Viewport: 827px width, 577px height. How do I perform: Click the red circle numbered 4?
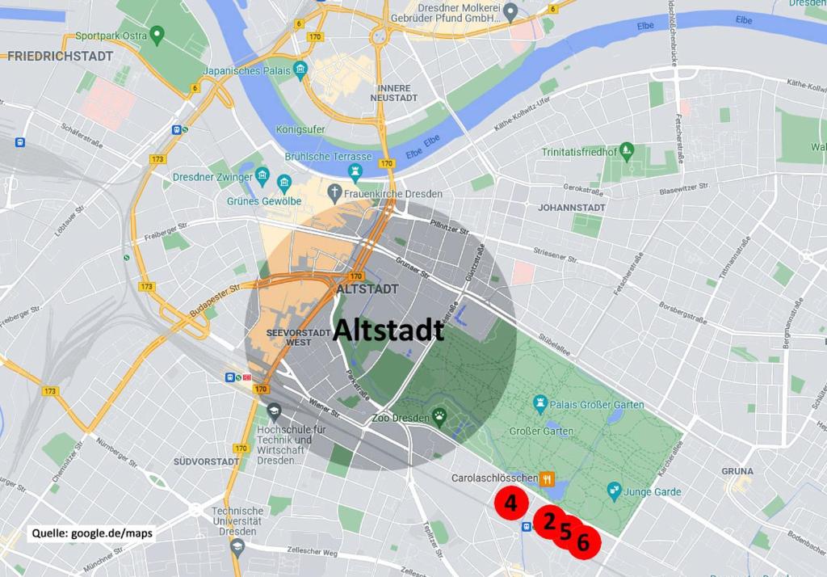coord(510,503)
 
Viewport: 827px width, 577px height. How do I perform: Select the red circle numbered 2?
coord(549,522)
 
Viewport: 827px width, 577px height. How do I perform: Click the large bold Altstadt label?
coord(388,330)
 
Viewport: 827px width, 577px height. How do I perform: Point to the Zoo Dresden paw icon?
coord(439,418)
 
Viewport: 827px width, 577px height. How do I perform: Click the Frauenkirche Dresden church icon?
coord(335,193)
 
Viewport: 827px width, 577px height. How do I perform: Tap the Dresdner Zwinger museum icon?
coord(262,176)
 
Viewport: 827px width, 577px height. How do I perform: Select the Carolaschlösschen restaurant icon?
coord(548,478)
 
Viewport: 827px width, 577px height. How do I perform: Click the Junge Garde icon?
coord(614,491)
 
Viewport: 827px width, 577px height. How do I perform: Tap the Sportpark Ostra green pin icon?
coord(157,36)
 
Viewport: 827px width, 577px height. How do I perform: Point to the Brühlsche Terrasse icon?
coord(354,171)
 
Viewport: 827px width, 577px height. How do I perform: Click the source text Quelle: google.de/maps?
coord(92,533)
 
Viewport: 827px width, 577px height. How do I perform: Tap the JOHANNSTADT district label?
coord(572,208)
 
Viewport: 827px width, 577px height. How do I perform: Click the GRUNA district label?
coord(737,471)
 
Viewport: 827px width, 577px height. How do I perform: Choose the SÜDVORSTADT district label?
coord(206,461)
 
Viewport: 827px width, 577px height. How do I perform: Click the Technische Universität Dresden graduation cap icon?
coord(237,547)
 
